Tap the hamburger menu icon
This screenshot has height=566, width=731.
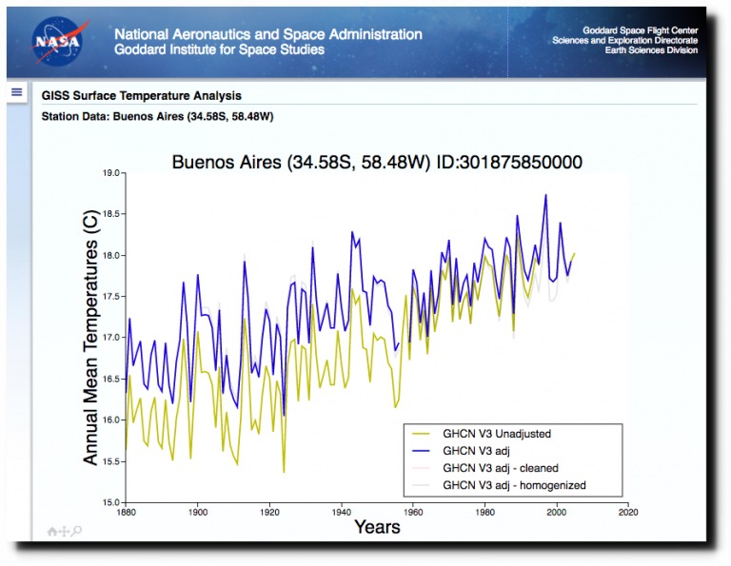tap(17, 91)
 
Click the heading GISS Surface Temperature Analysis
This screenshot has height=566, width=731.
tap(141, 96)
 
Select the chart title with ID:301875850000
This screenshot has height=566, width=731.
tap(377, 162)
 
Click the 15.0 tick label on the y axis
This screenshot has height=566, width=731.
tap(111, 502)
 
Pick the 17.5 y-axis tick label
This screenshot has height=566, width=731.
tap(111, 296)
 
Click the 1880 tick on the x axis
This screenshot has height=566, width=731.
tap(126, 513)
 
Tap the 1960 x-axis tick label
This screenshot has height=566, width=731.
tap(413, 513)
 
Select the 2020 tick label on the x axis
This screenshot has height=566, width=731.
tap(628, 513)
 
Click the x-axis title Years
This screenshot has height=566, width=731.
tap(377, 527)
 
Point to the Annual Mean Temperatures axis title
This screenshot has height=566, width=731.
tap(90, 338)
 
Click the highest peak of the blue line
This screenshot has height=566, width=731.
tap(546, 195)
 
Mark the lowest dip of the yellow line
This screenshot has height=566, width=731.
tap(284, 472)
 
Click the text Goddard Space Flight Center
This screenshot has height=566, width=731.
tap(640, 30)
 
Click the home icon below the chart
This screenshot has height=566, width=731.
tap(52, 532)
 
